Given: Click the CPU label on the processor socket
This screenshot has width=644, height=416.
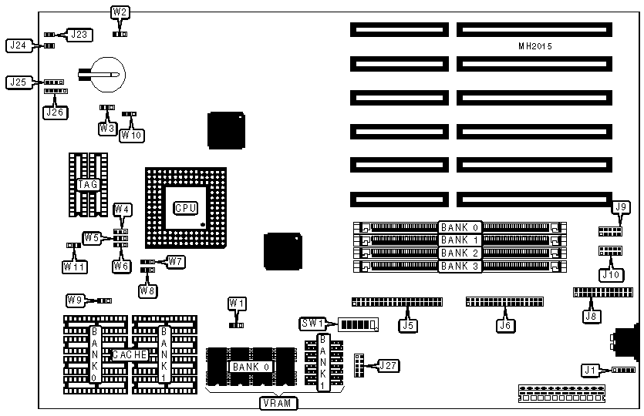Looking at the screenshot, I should pyautogui.click(x=184, y=208).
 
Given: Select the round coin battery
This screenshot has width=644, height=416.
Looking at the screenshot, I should pyautogui.click(x=105, y=74).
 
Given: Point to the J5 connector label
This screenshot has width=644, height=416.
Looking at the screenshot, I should pyautogui.click(x=408, y=325).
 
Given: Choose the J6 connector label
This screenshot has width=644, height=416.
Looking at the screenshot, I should pyautogui.click(x=506, y=325).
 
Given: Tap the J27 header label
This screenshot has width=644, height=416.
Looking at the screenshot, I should pyautogui.click(x=389, y=365).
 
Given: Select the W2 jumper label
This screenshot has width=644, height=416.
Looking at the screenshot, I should pyautogui.click(x=120, y=12).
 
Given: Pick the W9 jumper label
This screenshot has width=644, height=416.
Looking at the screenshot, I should pyautogui.click(x=75, y=300).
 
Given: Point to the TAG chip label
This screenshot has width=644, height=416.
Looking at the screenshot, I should pyautogui.click(x=86, y=185).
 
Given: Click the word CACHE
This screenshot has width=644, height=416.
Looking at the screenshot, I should pyautogui.click(x=126, y=354).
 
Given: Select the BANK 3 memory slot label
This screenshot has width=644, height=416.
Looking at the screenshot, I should pyautogui.click(x=460, y=266).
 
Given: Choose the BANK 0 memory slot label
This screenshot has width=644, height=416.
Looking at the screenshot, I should pyautogui.click(x=460, y=227).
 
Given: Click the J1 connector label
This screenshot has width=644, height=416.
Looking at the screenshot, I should pyautogui.click(x=592, y=371).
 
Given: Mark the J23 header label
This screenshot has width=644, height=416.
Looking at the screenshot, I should pyautogui.click(x=80, y=34).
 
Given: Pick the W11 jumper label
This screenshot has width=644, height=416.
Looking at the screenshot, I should pyautogui.click(x=74, y=267).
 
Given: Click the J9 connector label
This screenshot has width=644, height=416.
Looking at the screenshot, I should pyautogui.click(x=621, y=206).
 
